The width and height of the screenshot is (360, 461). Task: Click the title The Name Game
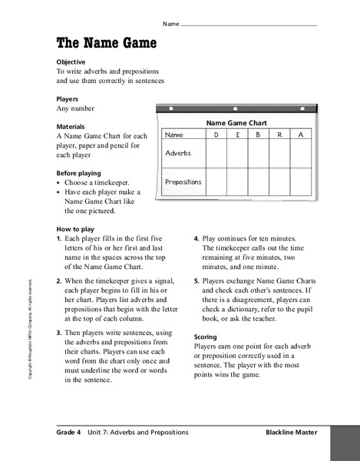[x=107, y=43]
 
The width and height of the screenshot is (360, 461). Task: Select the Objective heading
[x=71, y=61]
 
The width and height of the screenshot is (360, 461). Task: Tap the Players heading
[x=68, y=98]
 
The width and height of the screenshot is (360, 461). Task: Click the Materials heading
[x=71, y=126]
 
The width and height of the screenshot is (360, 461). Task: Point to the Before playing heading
[x=79, y=174]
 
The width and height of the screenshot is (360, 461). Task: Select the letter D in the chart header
[x=216, y=136]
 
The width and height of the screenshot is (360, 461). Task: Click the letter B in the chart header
[x=259, y=136]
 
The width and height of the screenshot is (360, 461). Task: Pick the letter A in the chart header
[x=301, y=136]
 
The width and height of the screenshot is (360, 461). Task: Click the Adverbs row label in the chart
[x=178, y=153]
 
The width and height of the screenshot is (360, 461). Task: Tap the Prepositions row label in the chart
[x=183, y=182]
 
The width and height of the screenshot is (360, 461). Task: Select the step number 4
[x=197, y=239]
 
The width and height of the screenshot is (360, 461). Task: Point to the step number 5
[x=197, y=282]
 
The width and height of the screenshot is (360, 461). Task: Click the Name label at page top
[x=170, y=24]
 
